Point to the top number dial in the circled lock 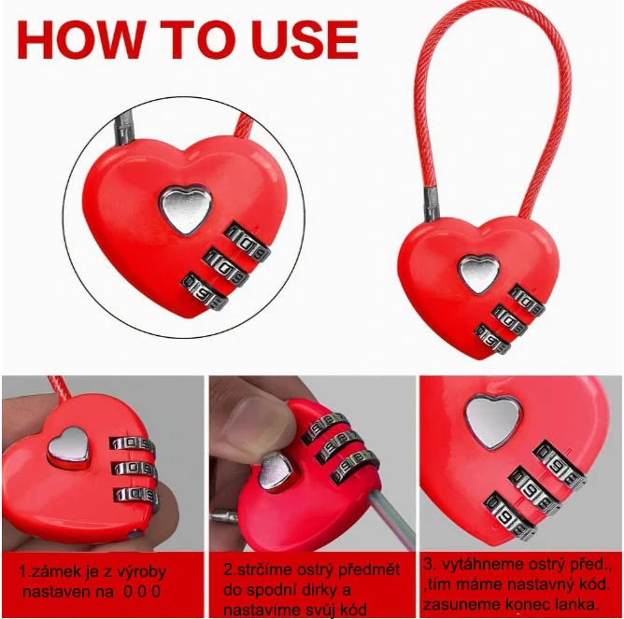point(248,242)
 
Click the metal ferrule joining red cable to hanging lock point(431,204)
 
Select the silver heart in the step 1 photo point(68,447)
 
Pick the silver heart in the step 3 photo point(493,423)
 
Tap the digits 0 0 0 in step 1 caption point(142,592)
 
